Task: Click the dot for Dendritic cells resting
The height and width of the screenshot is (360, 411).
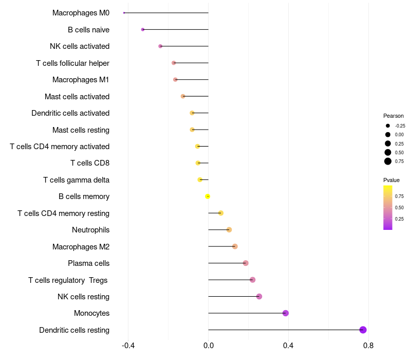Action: click(x=363, y=330)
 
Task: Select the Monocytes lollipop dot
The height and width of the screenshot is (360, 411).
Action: click(x=286, y=313)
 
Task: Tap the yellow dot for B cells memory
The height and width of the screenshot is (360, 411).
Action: click(x=208, y=196)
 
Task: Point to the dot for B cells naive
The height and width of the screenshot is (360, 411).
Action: click(x=143, y=30)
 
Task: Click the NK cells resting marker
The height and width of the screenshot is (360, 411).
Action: click(x=259, y=296)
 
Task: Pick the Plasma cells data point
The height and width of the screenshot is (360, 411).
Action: click(x=246, y=263)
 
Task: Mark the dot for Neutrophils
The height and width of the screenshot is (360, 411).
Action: click(x=229, y=229)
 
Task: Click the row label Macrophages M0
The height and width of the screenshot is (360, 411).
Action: click(x=81, y=12)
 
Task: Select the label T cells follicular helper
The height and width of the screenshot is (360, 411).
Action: click(x=72, y=63)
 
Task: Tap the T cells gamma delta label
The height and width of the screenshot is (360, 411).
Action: click(x=76, y=180)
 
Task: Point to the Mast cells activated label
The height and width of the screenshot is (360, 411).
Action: click(x=77, y=96)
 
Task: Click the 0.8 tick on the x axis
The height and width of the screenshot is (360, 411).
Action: click(x=368, y=346)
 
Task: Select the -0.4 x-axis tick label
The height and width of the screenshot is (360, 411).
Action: click(x=128, y=346)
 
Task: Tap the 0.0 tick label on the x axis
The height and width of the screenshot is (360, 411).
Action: click(x=208, y=346)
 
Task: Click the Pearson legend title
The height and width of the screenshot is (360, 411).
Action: click(x=393, y=116)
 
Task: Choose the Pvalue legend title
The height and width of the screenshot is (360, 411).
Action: click(x=391, y=180)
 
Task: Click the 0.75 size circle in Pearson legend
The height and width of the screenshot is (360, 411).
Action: click(x=388, y=161)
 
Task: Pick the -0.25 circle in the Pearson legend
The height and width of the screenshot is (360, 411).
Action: click(x=388, y=125)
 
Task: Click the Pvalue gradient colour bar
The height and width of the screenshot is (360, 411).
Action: click(x=387, y=207)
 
